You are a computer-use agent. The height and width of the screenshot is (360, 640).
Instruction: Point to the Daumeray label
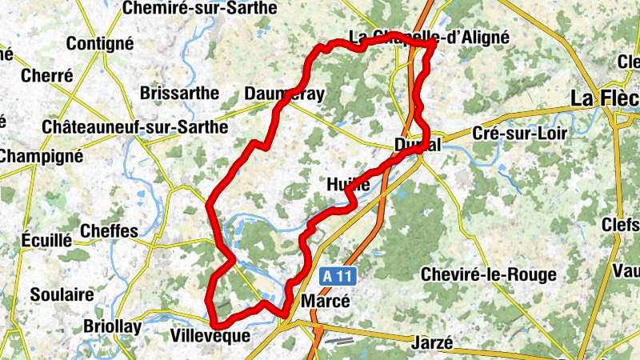point(286,94)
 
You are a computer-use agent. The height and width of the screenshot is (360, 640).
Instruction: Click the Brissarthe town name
point(179,93)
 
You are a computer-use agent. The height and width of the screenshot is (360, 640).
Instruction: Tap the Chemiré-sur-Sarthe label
point(201,9)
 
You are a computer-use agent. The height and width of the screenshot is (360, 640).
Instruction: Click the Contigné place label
point(100,44)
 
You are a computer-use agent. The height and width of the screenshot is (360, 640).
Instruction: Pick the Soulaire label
point(62,294)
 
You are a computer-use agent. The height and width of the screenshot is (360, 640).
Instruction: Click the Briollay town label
point(112,326)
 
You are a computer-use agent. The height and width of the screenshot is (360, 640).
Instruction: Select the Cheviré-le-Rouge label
point(488,275)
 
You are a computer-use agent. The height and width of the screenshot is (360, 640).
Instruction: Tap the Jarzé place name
point(432,342)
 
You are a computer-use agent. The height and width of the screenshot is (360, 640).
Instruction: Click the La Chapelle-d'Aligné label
point(430,37)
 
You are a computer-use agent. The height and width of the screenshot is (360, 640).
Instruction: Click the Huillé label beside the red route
point(348,184)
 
